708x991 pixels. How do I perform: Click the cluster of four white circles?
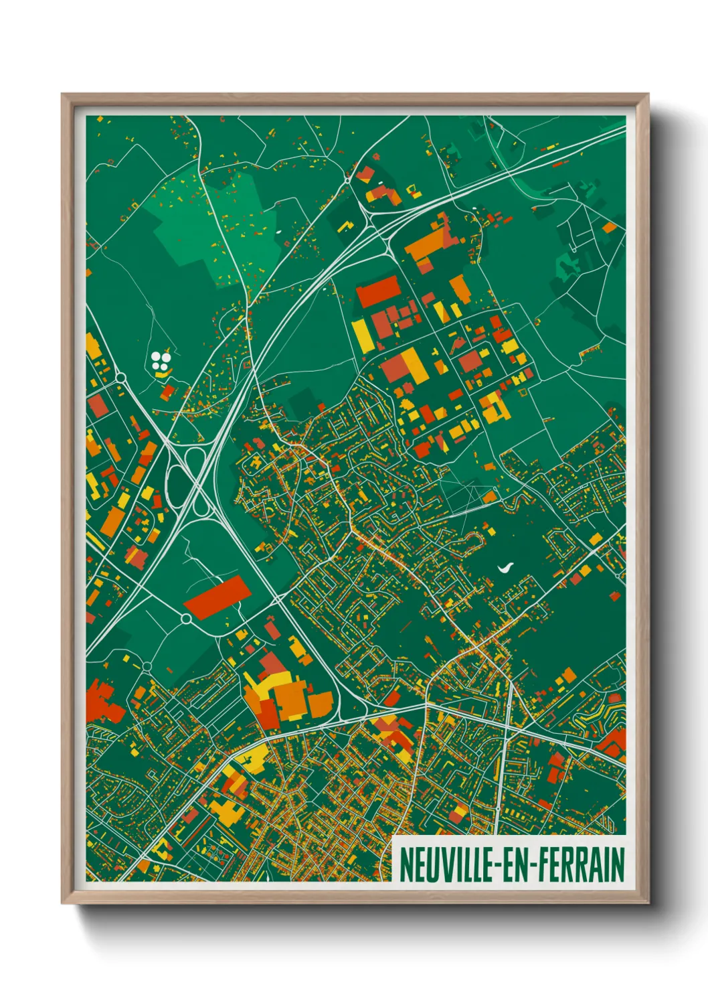[160, 362]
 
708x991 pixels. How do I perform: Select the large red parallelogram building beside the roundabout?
[217, 597]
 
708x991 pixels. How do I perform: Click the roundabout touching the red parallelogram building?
[187, 618]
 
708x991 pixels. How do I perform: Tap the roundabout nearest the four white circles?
[120, 378]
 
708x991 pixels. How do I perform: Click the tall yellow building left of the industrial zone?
[360, 334]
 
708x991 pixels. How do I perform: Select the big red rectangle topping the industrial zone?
[377, 292]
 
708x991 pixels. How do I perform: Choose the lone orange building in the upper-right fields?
[610, 228]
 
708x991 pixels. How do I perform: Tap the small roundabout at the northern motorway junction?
[348, 179]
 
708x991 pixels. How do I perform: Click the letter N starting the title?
[406, 865]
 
